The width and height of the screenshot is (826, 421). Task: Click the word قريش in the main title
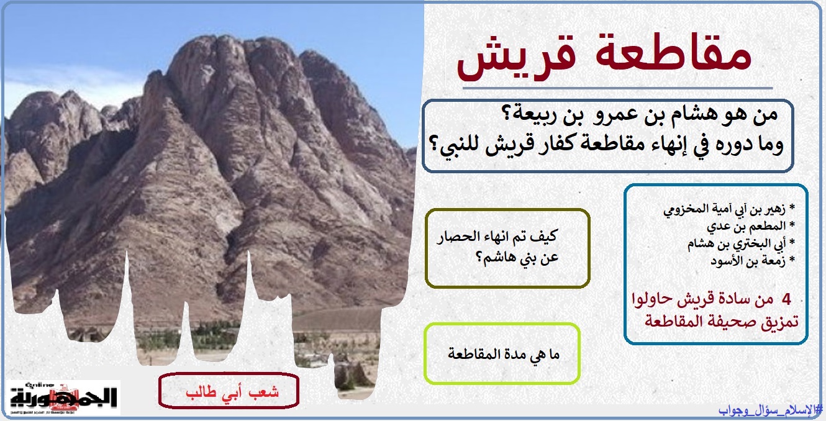click(x=517, y=59)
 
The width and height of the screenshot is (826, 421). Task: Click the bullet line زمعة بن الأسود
click(x=753, y=261)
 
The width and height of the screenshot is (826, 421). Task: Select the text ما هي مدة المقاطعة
click(x=504, y=355)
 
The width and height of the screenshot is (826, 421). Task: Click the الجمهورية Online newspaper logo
click(x=63, y=397)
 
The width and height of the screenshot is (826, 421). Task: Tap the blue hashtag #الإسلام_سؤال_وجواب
click(x=770, y=410)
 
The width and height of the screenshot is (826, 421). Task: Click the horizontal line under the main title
click(x=617, y=88)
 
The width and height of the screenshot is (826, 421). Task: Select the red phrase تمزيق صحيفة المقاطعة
click(x=721, y=322)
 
